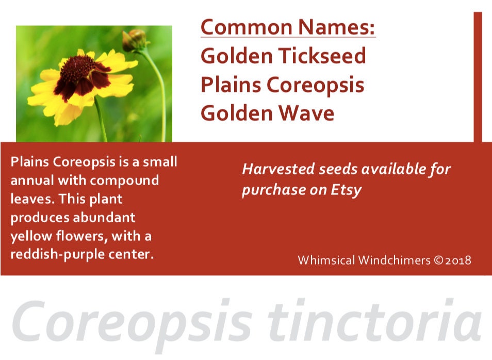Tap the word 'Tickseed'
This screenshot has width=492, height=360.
click(322, 56)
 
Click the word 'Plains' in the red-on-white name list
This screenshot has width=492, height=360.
click(231, 85)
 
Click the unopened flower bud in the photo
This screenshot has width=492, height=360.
click(135, 40)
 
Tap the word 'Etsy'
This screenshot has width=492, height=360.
click(346, 190)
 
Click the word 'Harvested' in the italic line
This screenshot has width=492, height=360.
click(278, 169)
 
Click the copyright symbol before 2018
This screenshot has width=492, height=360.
click(438, 260)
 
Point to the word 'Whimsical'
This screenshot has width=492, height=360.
click(326, 260)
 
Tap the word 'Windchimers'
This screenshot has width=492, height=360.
click(395, 260)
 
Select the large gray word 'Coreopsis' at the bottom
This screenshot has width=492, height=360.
click(132, 325)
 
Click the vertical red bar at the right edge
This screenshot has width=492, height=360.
click(478, 77)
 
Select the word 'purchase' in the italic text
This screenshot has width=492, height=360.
click(270, 190)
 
